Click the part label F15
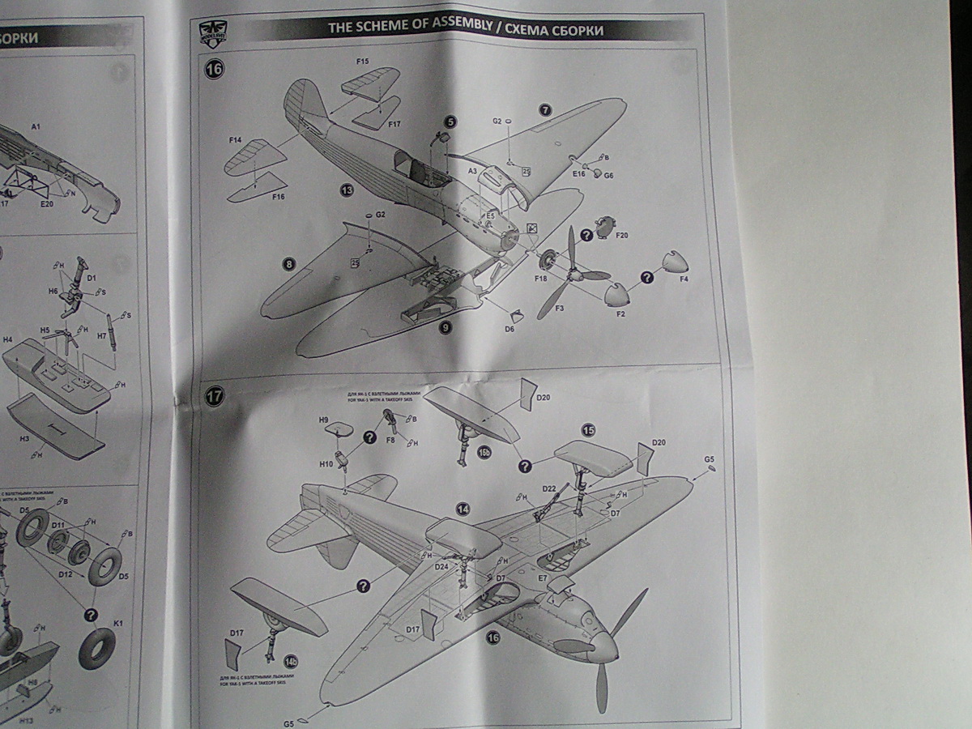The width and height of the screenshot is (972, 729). pos(362,62)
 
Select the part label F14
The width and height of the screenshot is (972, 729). pos(235,140)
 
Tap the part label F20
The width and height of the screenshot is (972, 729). pos(622,236)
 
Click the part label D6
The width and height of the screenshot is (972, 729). pos(509,330)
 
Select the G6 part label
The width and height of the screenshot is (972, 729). pos(608,175)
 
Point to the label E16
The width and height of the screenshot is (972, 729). pos(578,174)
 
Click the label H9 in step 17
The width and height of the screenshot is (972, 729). pos(322,420)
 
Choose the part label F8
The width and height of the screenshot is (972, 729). pos(390,440)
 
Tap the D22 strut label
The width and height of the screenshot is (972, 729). pos(548,489)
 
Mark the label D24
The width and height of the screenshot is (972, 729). pos(441,567)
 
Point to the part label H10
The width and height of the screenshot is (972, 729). pos(326,465)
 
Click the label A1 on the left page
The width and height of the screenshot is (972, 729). pos(35,126)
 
